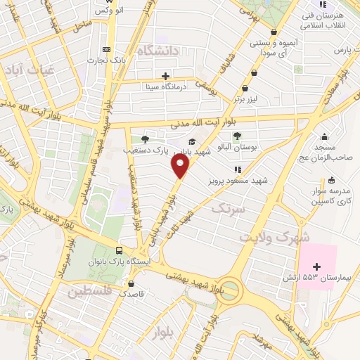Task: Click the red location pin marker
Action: point(181,166)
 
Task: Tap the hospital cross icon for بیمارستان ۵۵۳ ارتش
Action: point(316,266)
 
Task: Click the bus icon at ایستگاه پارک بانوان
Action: point(119,251)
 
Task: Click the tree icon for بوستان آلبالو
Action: point(238,137)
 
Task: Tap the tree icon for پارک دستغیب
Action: point(145,139)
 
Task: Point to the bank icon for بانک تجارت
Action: point(107,49)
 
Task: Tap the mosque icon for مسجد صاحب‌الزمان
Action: point(324,138)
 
